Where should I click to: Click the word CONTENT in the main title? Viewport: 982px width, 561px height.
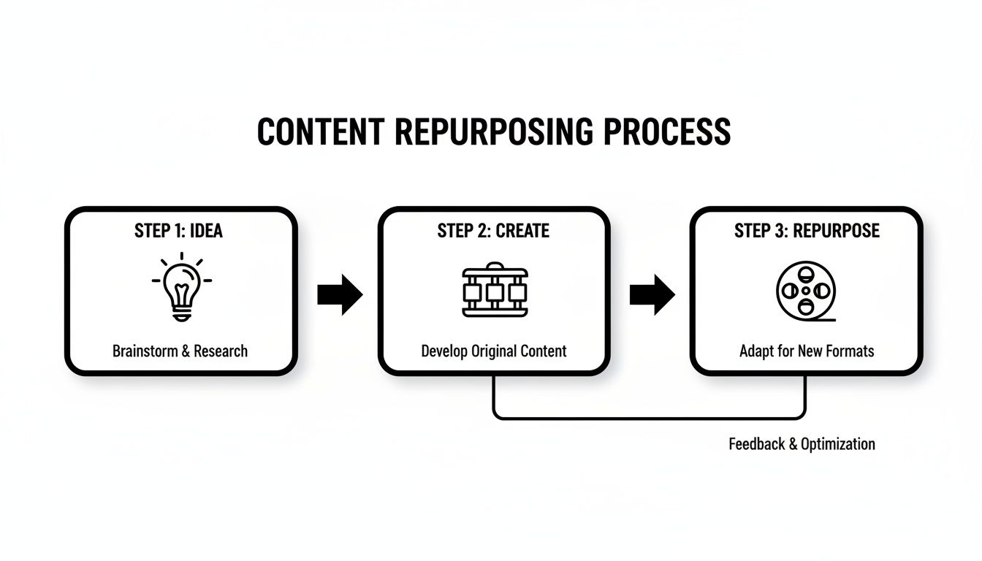click(x=320, y=131)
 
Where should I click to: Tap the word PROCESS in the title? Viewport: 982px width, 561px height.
click(x=667, y=131)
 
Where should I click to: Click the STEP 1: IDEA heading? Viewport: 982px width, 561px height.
click(x=178, y=231)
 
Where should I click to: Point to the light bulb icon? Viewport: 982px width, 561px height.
click(x=181, y=289)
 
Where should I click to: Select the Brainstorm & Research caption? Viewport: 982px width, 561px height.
click(x=180, y=351)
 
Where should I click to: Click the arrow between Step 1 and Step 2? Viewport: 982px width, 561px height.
click(x=340, y=294)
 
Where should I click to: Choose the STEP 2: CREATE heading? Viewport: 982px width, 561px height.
click(x=493, y=231)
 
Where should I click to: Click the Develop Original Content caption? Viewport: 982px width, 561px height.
click(x=494, y=351)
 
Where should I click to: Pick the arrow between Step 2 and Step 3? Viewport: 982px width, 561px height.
click(x=652, y=294)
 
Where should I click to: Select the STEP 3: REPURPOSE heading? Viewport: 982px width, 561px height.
click(x=807, y=231)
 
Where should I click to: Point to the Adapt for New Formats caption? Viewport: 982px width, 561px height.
click(x=807, y=351)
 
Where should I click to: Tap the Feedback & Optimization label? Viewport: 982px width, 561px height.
click(x=802, y=444)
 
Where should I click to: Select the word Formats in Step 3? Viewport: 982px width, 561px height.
click(x=847, y=351)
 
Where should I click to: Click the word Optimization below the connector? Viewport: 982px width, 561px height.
click(x=837, y=444)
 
